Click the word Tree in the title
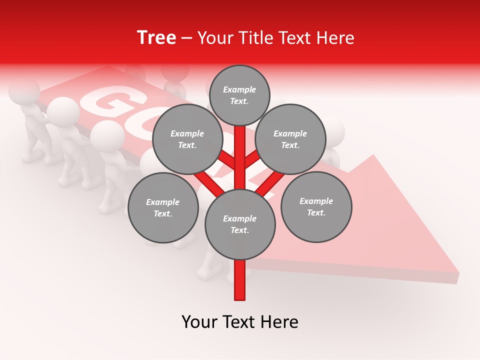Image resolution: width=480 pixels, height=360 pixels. pyautogui.click(x=156, y=38)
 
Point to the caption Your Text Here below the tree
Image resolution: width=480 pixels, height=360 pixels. pyautogui.click(x=240, y=322)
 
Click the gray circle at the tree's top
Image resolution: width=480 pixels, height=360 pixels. pyautogui.click(x=239, y=95)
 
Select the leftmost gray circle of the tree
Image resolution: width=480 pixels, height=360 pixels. pyautogui.click(x=163, y=208)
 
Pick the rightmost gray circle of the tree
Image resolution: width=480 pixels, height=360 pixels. pyautogui.click(x=316, y=207)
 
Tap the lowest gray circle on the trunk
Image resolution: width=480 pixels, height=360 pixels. pyautogui.click(x=240, y=224)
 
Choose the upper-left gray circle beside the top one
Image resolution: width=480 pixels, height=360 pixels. pyautogui.click(x=187, y=139)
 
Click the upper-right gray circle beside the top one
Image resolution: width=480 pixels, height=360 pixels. pyautogui.click(x=290, y=139)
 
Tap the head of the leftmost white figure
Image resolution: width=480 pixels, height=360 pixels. pyautogui.click(x=24, y=91)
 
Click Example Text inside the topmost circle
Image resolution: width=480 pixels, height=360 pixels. pyautogui.click(x=239, y=95)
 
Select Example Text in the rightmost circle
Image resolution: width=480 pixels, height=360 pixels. pyautogui.click(x=316, y=207)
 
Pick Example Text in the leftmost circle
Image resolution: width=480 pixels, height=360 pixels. pyautogui.click(x=162, y=208)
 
